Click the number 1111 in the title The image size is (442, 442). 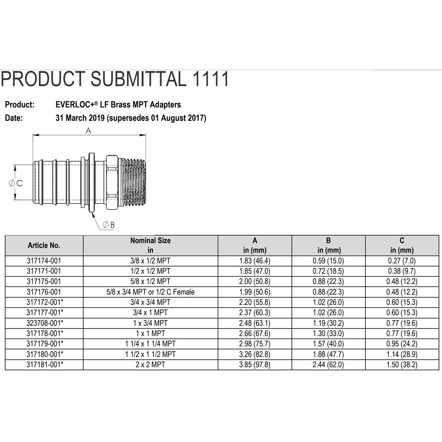point(210,79)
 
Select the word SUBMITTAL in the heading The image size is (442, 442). point(138,79)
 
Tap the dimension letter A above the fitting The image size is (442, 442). point(88,131)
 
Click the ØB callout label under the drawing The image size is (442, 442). point(109,225)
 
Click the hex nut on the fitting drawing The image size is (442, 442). point(112,183)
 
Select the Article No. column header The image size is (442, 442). point(44,245)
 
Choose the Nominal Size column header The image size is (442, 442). point(150,245)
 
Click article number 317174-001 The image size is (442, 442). point(44,261)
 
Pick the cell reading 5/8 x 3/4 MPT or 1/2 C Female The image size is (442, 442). point(150,292)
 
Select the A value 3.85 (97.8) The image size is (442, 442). point(254,365)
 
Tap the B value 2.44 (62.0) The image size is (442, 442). point(328,365)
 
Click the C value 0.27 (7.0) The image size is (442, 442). point(402,261)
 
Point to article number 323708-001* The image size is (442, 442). point(45,323)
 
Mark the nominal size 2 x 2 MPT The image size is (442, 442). point(150,365)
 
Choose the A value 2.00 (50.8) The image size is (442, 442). point(254,281)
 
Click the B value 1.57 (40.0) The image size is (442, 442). point(328,344)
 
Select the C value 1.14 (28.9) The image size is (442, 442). point(402,354)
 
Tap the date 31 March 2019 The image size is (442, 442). point(80,118)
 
